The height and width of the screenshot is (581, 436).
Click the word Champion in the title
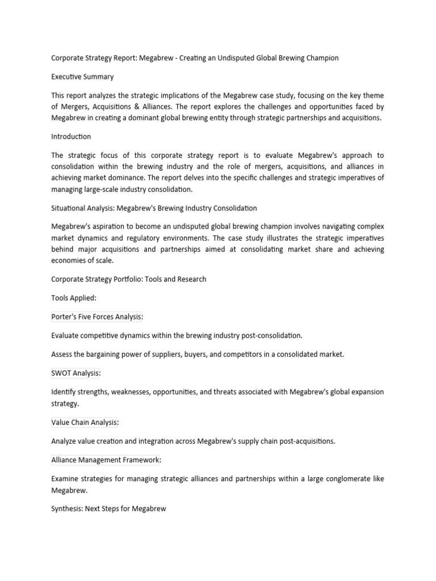pos(320,58)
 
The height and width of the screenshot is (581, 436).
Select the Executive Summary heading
pos(82,77)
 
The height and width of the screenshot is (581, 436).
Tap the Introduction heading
pos(71,137)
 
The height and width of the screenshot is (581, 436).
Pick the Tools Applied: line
pos(74,298)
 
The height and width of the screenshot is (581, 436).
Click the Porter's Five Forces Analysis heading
pos(97,317)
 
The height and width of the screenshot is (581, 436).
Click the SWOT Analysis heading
pos(76,373)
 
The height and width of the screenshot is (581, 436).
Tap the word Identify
pos(64,392)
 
